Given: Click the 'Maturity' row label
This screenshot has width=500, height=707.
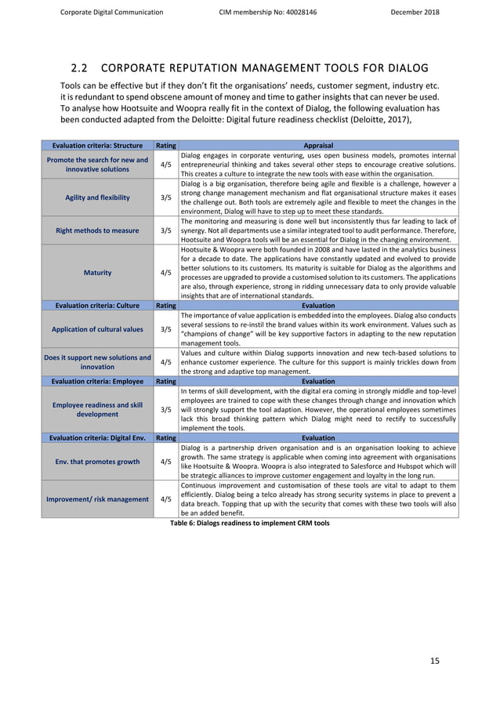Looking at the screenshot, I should pyautogui.click(x=98, y=273).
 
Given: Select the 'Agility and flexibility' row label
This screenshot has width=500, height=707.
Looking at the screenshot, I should pyautogui.click(x=98, y=198).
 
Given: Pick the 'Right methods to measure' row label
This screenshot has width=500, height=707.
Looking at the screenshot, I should pyautogui.click(x=98, y=230).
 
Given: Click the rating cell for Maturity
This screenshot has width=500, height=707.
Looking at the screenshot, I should pyautogui.click(x=166, y=273).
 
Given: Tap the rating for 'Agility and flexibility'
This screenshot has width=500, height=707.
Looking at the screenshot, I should pyautogui.click(x=166, y=198).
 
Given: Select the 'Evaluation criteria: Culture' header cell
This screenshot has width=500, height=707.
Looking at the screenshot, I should pyautogui.click(x=98, y=306).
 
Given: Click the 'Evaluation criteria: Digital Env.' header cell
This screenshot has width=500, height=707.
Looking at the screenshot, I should pyautogui.click(x=98, y=438).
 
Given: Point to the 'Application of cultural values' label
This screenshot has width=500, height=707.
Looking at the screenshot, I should pyautogui.click(x=98, y=329).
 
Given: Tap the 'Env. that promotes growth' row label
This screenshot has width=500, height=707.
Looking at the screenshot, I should pyautogui.click(x=98, y=462).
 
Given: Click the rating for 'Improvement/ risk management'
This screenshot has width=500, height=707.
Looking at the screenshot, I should pyautogui.click(x=166, y=499).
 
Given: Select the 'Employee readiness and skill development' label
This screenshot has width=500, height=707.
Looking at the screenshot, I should pyautogui.click(x=98, y=409).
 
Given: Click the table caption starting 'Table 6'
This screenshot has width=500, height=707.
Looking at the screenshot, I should pyautogui.click(x=250, y=523).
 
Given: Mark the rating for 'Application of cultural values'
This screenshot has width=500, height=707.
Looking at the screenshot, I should pyautogui.click(x=166, y=329).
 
